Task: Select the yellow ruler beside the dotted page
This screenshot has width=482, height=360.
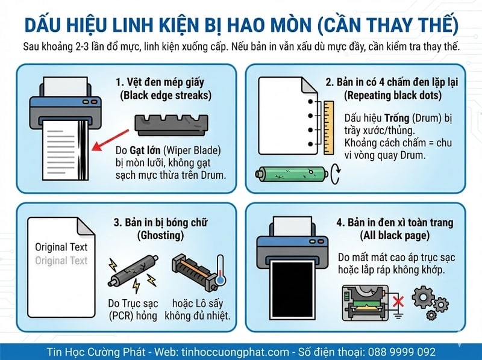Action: [x=328, y=125]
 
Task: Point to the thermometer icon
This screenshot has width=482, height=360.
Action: [x=220, y=271]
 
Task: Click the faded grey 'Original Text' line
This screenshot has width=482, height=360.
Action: [x=61, y=261]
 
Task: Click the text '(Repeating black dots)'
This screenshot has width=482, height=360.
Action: [x=392, y=95]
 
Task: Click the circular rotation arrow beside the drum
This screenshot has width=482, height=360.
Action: [x=336, y=175]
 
